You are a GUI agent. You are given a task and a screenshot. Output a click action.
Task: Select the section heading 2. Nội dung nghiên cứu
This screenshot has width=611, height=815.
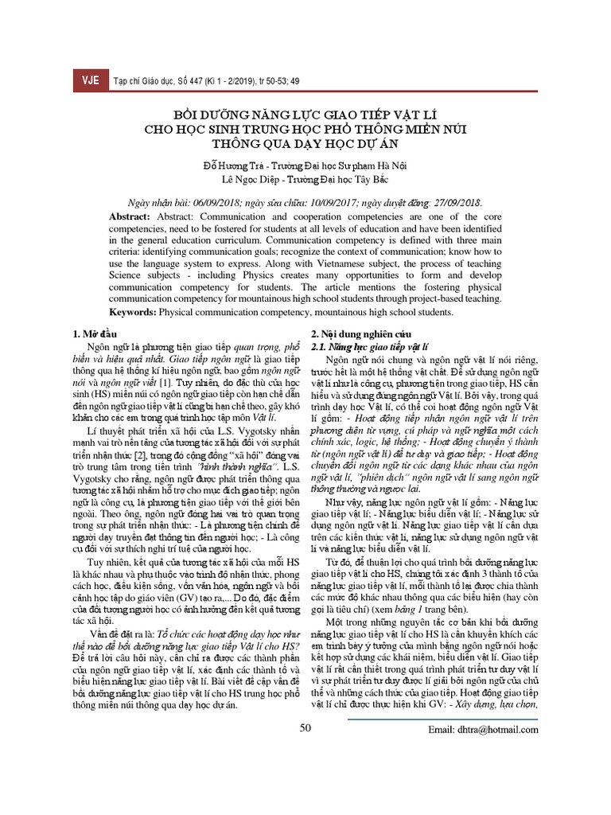[359, 335]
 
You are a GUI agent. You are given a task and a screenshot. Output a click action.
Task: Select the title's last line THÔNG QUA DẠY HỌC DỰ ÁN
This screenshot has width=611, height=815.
[305, 144]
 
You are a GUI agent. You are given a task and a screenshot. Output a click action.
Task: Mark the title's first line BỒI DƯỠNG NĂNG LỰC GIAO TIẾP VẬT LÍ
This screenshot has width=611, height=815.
[305, 112]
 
